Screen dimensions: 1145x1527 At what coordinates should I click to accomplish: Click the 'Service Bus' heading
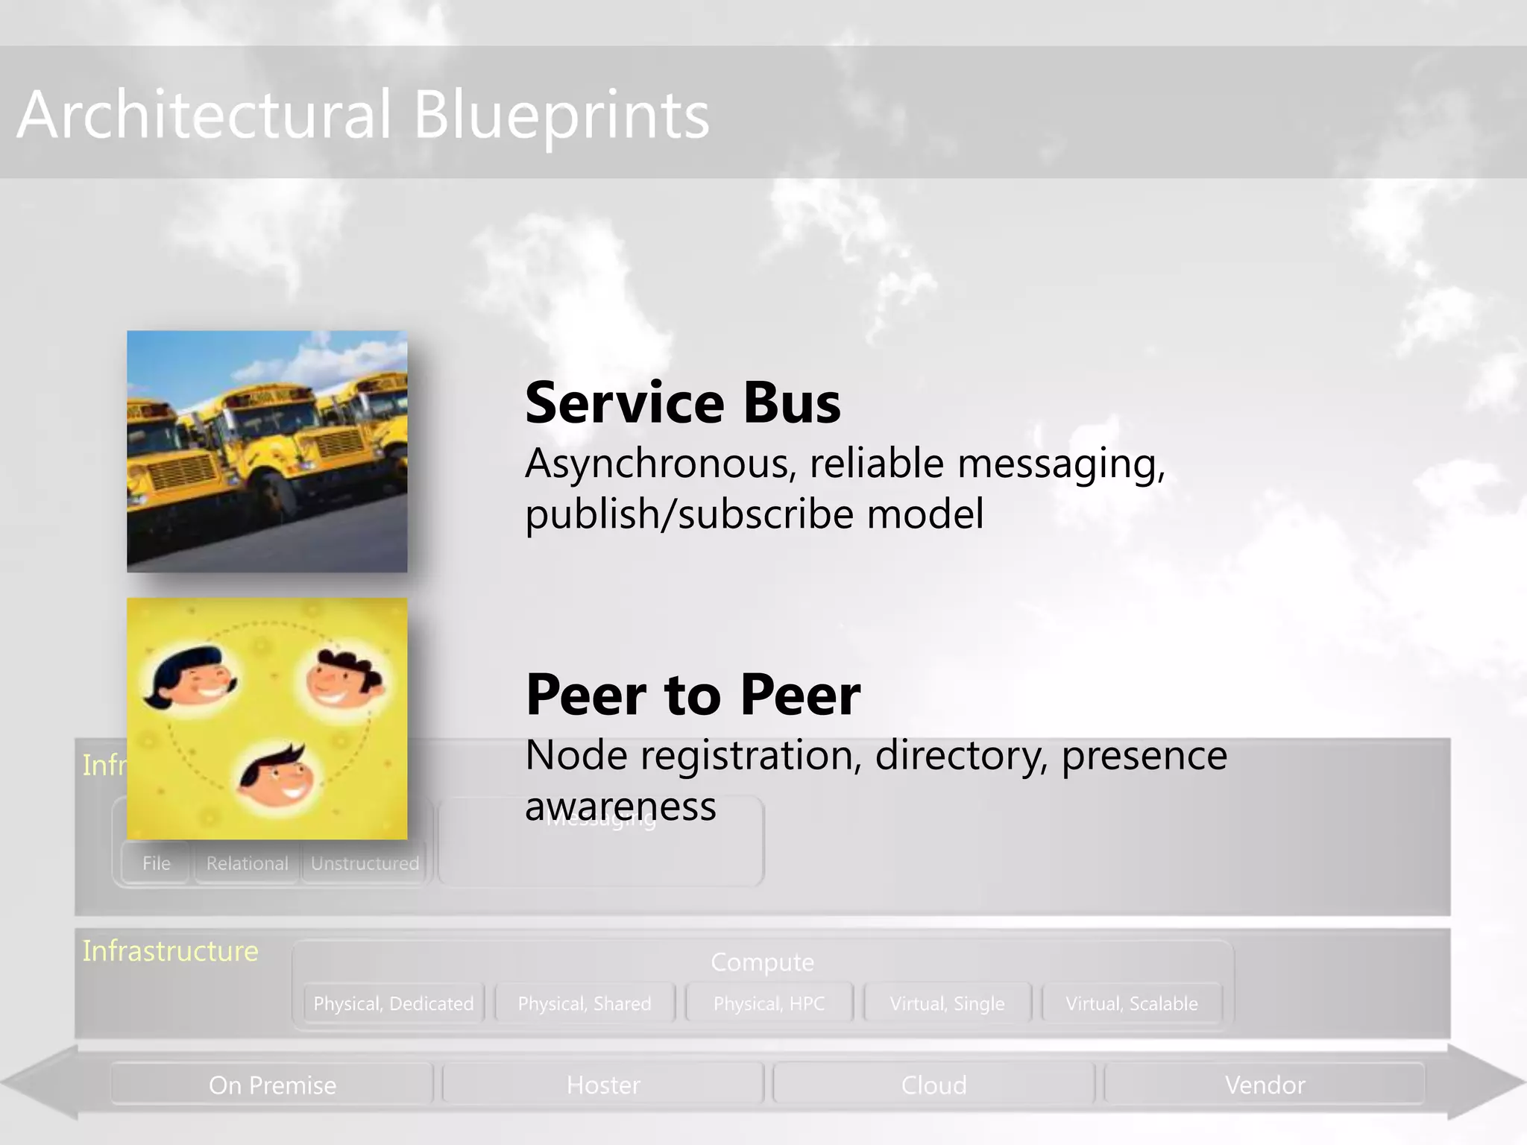point(682,403)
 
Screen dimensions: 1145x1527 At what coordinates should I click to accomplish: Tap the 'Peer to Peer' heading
point(693,695)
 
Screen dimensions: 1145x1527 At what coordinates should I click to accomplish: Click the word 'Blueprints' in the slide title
point(561,116)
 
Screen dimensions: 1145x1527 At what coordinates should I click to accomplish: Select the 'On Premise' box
point(272,1085)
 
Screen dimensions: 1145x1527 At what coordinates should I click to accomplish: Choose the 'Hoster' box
point(603,1085)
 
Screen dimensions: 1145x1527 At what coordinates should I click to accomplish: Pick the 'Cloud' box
point(933,1085)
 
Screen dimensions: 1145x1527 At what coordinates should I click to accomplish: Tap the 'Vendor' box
point(1265,1085)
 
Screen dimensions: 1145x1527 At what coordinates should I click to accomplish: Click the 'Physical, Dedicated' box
point(394,1003)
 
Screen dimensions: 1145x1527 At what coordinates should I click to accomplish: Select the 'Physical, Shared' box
point(585,1003)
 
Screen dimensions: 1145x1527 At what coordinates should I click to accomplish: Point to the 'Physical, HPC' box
point(769,1003)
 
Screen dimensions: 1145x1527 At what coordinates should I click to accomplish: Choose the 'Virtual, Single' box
point(947,1003)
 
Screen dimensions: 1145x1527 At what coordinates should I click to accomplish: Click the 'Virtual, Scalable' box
point(1131,1003)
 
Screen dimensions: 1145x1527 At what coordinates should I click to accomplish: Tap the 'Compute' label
point(762,962)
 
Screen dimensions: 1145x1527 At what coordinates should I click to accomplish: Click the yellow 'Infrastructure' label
point(170,951)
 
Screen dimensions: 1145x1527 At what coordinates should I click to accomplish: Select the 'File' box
point(157,863)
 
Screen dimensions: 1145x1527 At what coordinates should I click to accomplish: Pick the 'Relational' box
point(247,863)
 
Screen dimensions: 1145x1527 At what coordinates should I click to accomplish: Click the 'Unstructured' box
point(365,863)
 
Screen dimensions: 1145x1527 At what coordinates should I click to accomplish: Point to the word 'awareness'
point(620,807)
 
